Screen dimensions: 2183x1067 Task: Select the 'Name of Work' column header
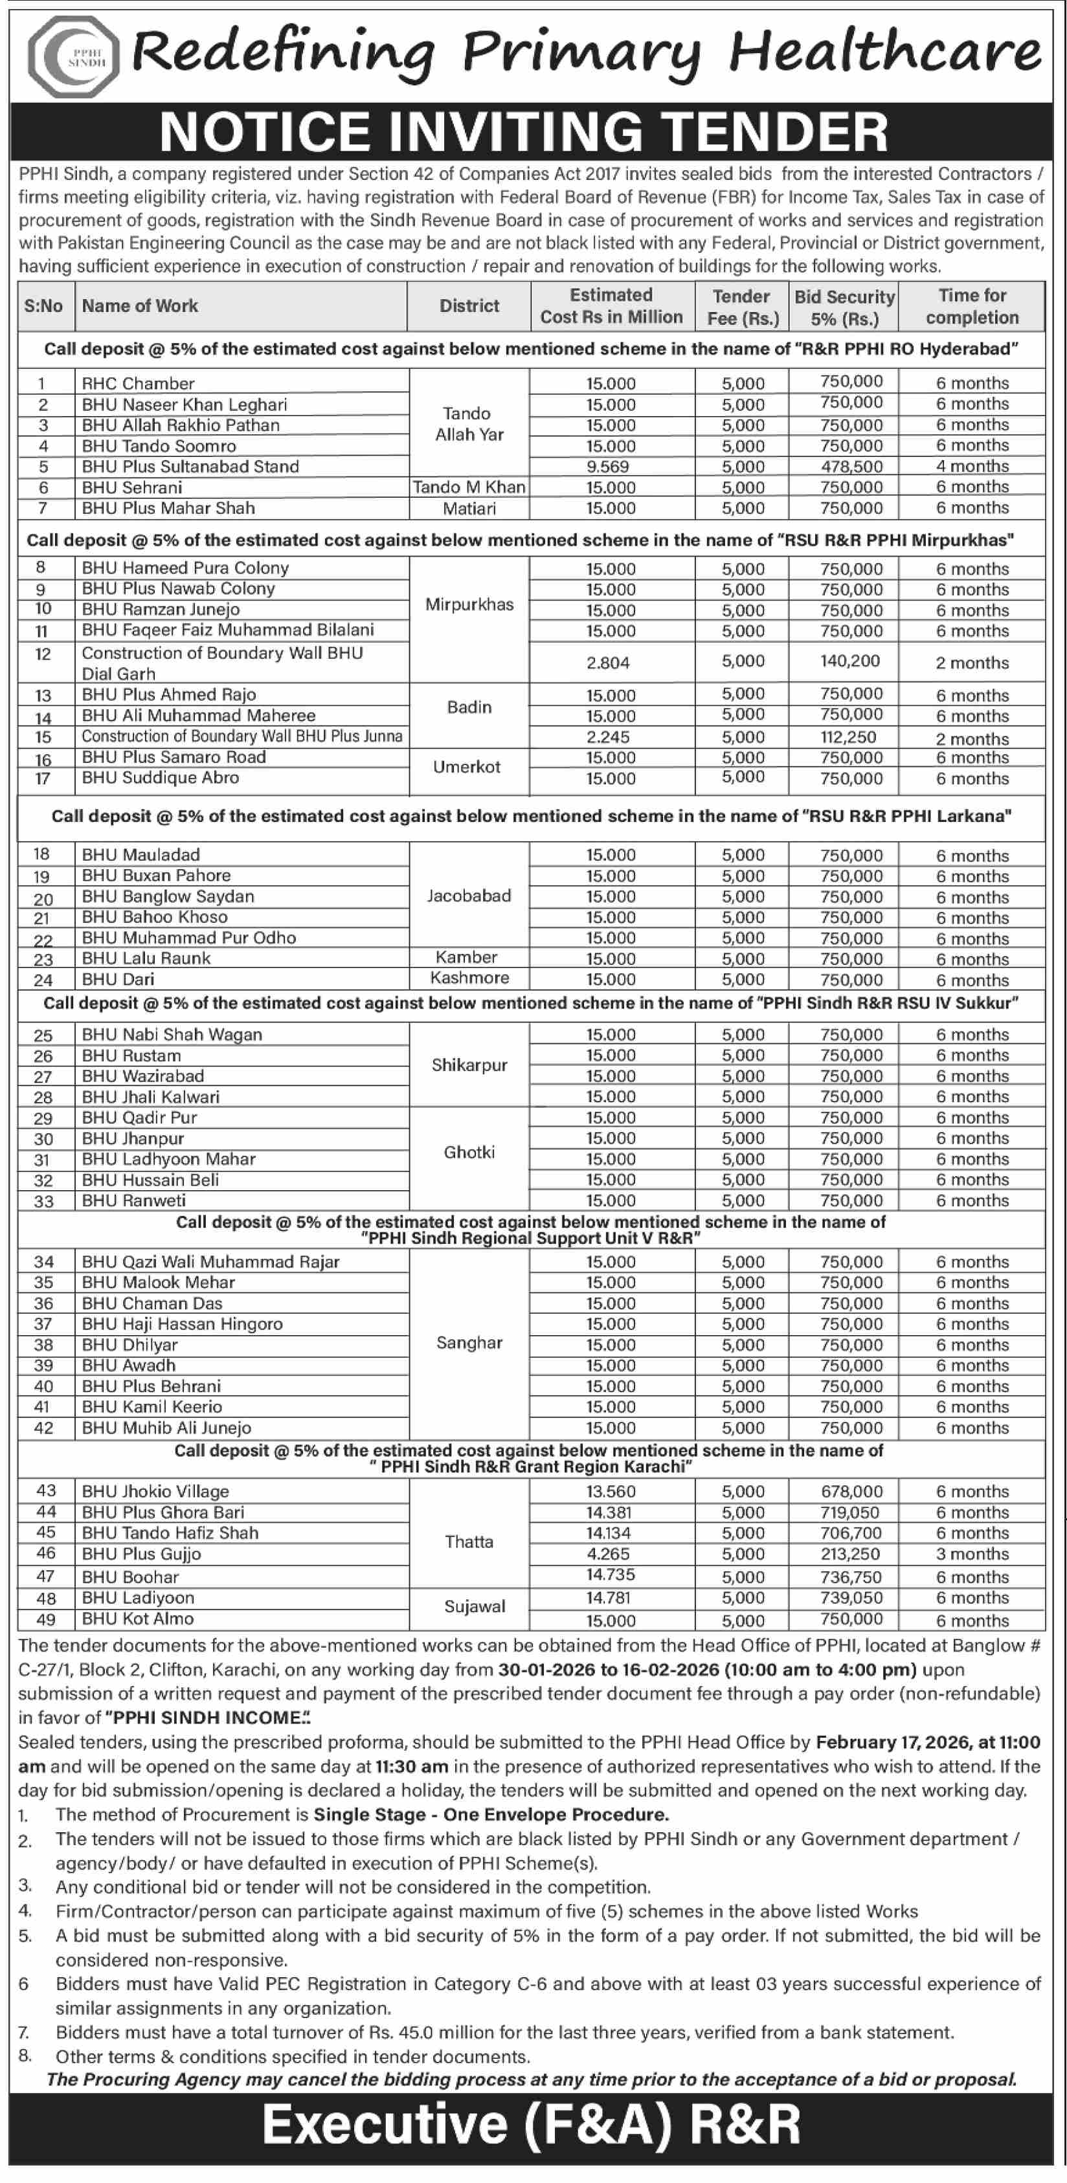(140, 306)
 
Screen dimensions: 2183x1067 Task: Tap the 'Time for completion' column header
(972, 307)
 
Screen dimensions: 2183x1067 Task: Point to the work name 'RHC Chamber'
(138, 384)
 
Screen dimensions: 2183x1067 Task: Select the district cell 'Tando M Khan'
(469, 487)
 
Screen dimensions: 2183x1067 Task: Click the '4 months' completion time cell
(972, 467)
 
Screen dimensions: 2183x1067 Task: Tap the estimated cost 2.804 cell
(608, 663)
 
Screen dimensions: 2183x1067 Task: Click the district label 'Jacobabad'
(469, 896)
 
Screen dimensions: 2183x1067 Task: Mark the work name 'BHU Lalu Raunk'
(146, 959)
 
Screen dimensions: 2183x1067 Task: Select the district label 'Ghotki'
(469, 1153)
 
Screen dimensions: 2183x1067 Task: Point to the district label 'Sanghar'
(469, 1343)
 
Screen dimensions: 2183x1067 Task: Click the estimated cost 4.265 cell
(608, 1554)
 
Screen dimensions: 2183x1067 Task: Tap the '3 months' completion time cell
(972, 1554)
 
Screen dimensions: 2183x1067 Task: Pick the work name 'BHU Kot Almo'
(138, 1619)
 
